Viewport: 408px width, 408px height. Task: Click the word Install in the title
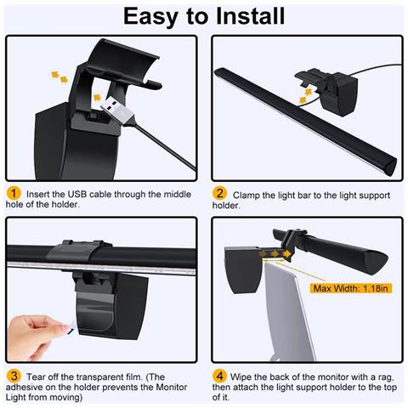pyautogui.click(x=250, y=16)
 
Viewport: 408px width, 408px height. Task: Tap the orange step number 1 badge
pyautogui.click(x=14, y=194)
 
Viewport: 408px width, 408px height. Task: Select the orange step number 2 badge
pyautogui.click(x=219, y=194)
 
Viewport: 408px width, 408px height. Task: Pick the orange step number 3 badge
pyautogui.click(x=14, y=376)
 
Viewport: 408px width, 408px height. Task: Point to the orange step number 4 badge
pyautogui.click(x=219, y=376)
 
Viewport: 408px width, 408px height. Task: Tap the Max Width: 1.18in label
pyautogui.click(x=351, y=288)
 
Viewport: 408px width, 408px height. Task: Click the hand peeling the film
pyautogui.click(x=37, y=337)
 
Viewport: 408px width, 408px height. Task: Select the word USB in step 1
pyautogui.click(x=76, y=194)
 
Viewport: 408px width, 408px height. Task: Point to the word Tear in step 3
pyautogui.click(x=36, y=377)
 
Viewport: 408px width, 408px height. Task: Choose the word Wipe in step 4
pyautogui.click(x=241, y=377)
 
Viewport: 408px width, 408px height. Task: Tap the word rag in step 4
pyautogui.click(x=386, y=378)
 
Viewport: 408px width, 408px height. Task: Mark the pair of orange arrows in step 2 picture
pyautogui.click(x=306, y=96)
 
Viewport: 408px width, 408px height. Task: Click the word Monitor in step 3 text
pyautogui.click(x=172, y=387)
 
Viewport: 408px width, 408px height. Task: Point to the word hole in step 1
pyautogui.click(x=14, y=204)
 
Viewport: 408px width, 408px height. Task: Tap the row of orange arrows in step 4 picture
pyautogui.click(x=275, y=253)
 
